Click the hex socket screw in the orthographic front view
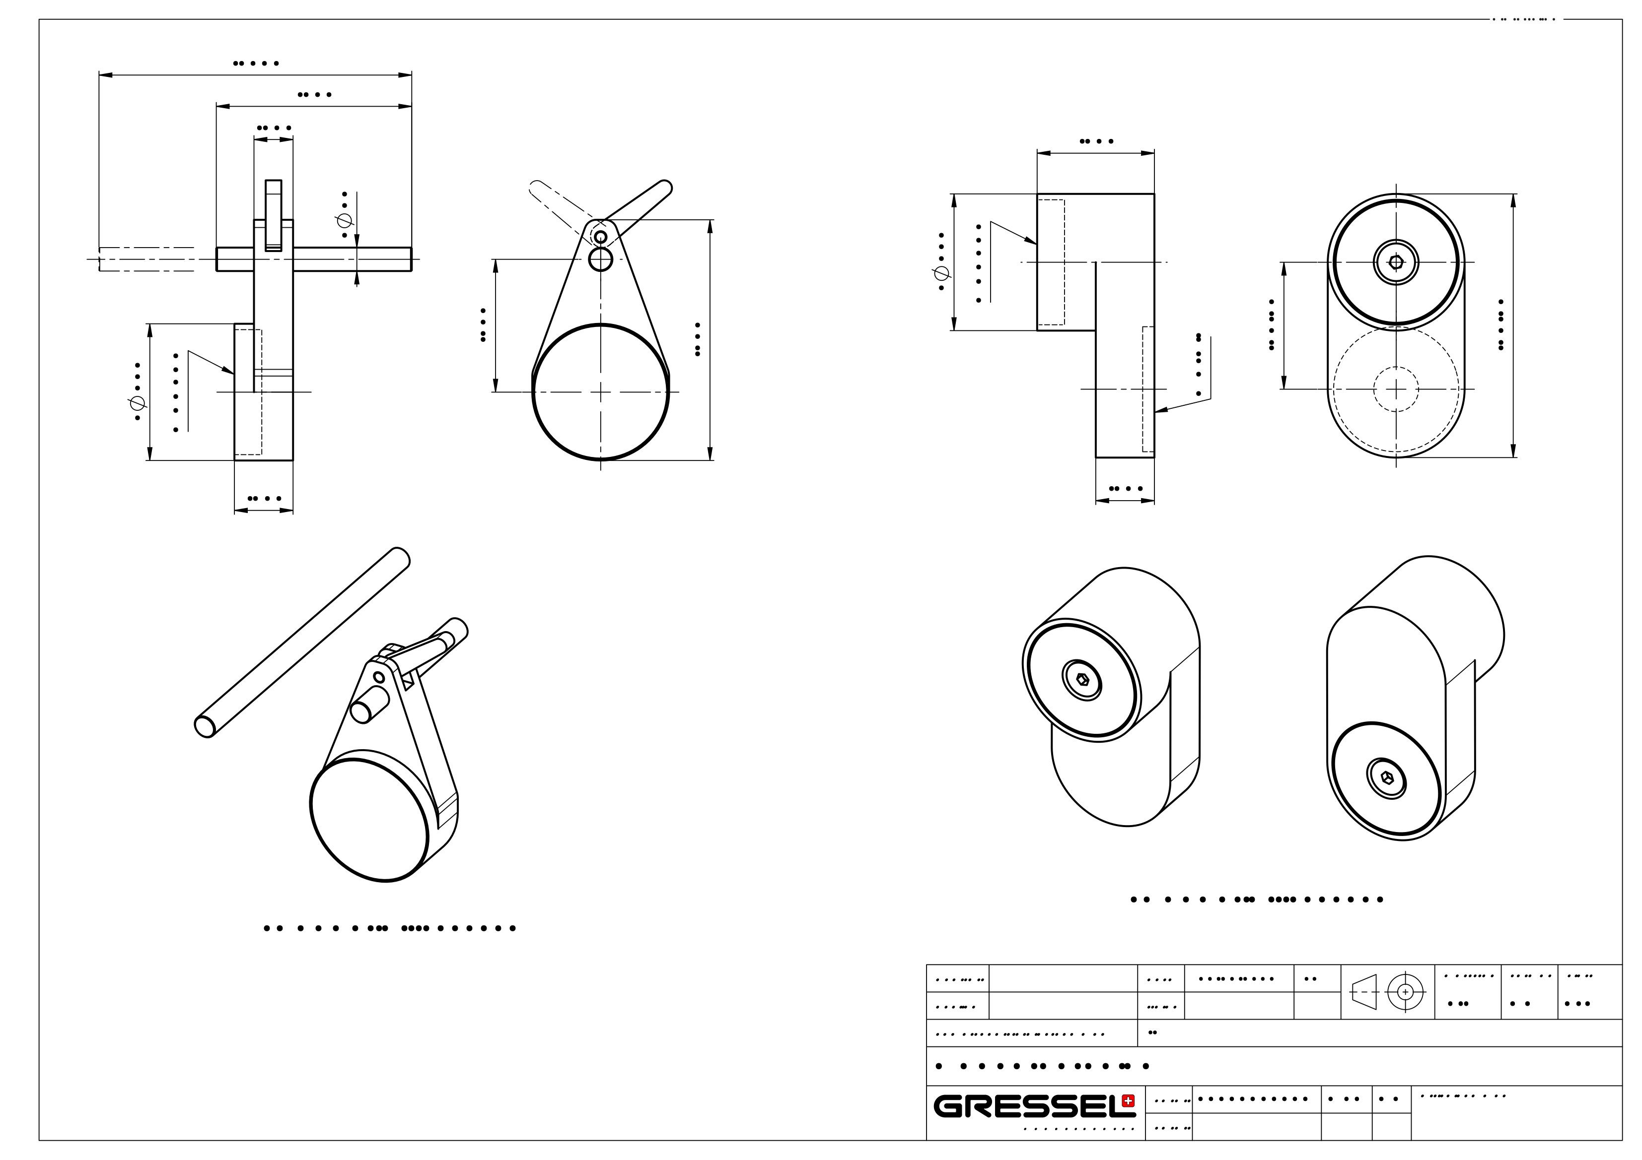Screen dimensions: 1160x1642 click(1396, 262)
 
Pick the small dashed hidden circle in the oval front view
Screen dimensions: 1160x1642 click(1396, 389)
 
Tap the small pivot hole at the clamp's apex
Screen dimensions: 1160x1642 click(601, 237)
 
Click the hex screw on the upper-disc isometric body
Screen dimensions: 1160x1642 click(1082, 679)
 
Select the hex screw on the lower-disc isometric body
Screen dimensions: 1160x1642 click(1387, 777)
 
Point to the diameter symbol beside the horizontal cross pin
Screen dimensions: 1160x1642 click(344, 221)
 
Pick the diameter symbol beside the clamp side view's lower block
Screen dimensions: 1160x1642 click(138, 404)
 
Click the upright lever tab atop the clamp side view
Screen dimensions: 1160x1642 click(273, 214)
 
